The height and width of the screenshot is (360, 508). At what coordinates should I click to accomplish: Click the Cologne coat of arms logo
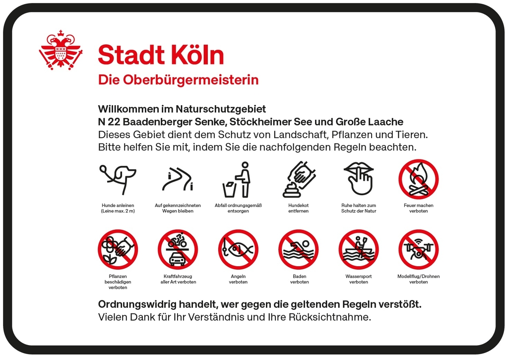[61, 50]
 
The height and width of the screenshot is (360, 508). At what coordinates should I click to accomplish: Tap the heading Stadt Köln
[161, 55]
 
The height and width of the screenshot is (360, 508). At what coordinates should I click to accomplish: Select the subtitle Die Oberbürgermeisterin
[178, 79]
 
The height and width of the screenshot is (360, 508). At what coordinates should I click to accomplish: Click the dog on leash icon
[118, 179]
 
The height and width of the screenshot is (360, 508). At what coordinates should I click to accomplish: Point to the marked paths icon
[178, 179]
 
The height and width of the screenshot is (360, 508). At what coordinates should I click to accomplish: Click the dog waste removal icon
[299, 179]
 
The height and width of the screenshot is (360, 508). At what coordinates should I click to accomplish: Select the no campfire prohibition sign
[418, 179]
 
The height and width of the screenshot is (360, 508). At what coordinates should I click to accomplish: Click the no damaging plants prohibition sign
[118, 249]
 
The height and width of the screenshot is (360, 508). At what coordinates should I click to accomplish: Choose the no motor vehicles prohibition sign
[178, 249]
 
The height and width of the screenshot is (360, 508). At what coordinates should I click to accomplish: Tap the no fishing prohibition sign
[238, 249]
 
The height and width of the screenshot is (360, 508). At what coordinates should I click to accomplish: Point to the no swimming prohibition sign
[299, 249]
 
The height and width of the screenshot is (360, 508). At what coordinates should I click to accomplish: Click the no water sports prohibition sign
[358, 249]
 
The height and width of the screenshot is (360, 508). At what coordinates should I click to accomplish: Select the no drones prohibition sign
[418, 249]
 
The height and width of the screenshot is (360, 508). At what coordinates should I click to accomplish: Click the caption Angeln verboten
[238, 279]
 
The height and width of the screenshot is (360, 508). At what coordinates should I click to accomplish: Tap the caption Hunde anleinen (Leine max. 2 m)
[118, 208]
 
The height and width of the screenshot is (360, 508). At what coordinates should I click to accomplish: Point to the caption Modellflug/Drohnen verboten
[418, 279]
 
